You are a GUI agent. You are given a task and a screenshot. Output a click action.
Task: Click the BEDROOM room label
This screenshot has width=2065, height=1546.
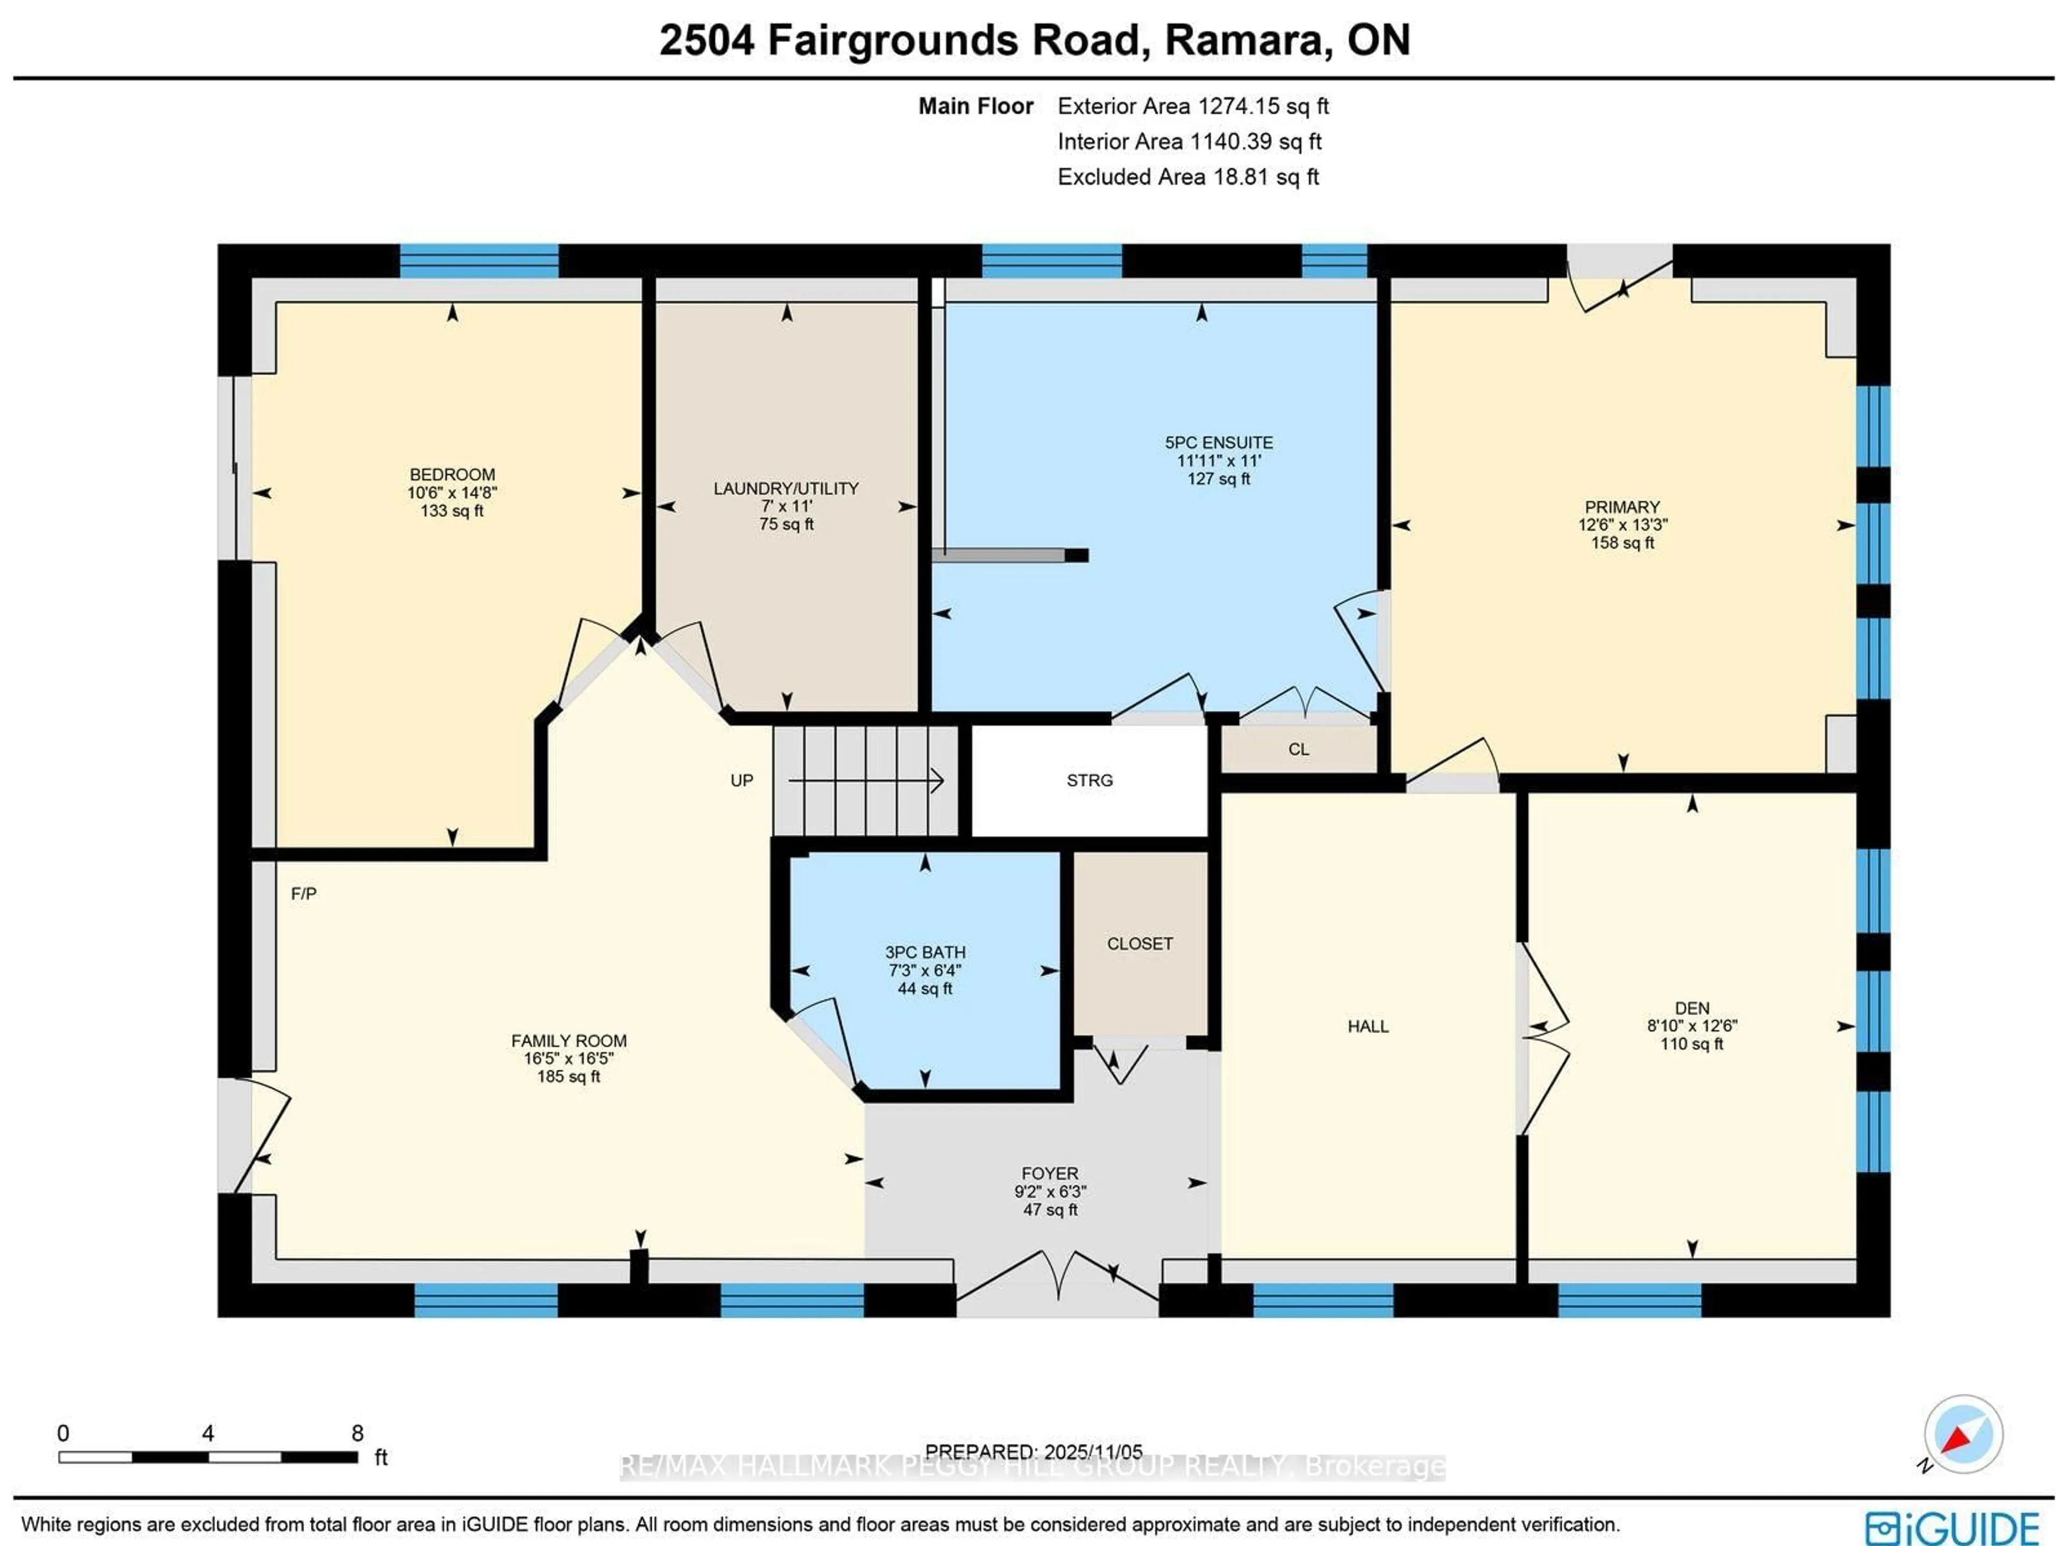tap(452, 474)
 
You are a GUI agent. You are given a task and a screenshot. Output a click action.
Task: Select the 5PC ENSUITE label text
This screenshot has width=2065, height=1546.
tap(1218, 443)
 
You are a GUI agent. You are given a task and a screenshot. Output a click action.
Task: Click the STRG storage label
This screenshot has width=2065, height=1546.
tap(1090, 780)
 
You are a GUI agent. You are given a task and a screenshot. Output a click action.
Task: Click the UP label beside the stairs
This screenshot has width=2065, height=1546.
tap(741, 780)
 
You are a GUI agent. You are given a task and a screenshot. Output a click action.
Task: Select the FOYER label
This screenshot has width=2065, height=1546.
tap(1049, 1173)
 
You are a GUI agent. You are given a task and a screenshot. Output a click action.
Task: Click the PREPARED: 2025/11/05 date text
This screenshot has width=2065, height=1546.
tap(1034, 1452)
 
